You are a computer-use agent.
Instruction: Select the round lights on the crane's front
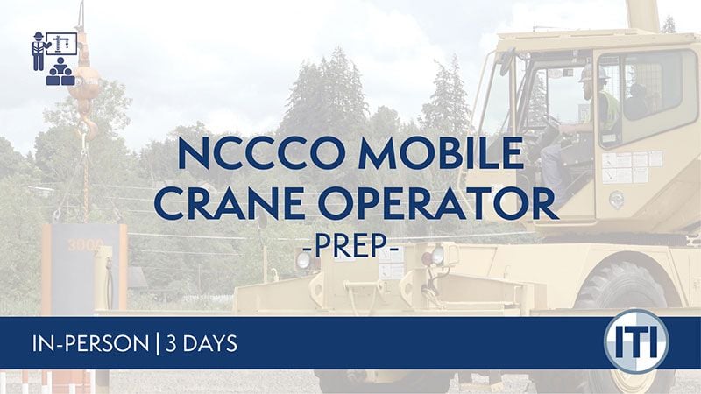(x=436, y=257)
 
